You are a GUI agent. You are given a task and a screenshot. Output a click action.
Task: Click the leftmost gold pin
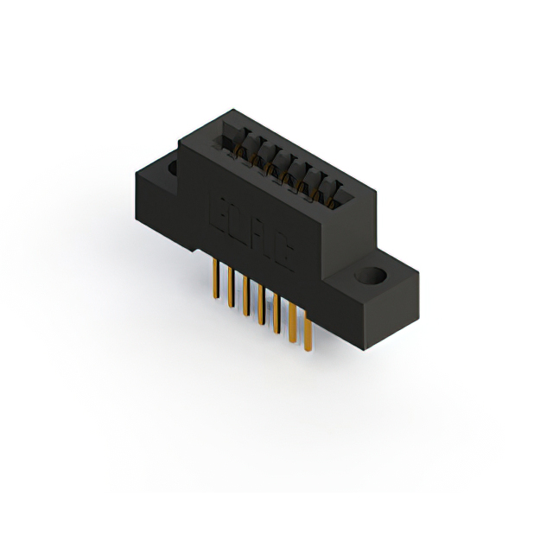click(213, 280)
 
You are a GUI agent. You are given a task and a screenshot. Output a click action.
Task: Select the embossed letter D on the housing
click(240, 222)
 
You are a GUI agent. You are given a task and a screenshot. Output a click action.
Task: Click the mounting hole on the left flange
click(172, 166)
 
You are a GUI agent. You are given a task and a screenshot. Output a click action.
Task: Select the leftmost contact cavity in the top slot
click(232, 137)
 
